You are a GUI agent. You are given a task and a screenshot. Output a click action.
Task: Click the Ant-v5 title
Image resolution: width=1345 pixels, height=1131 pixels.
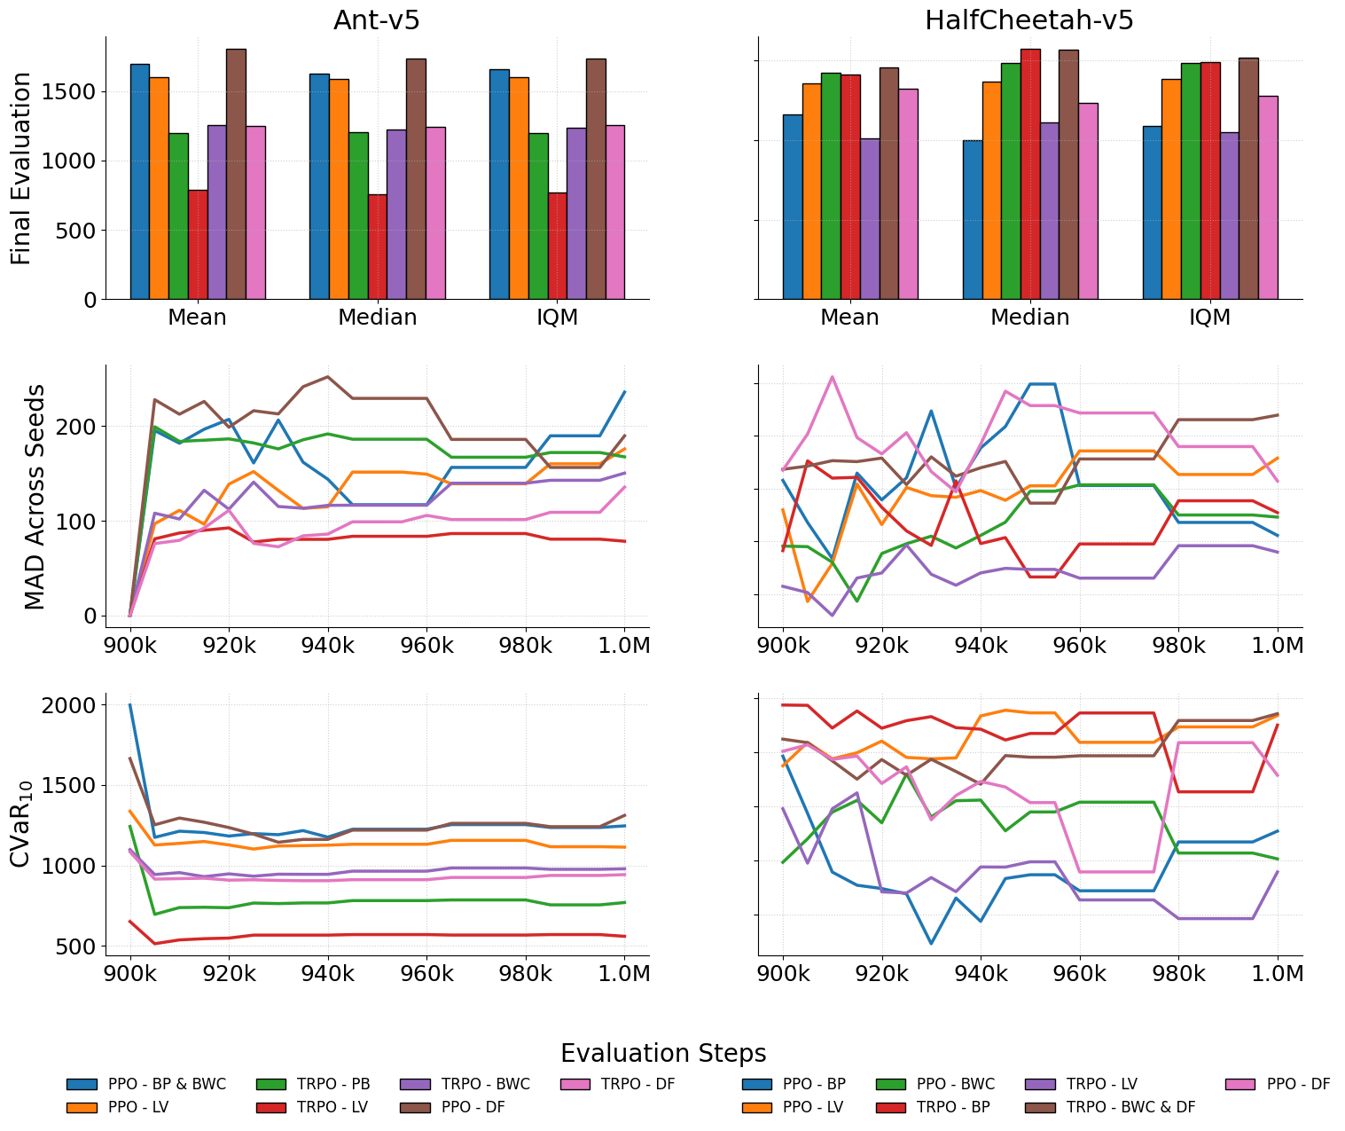pyautogui.click(x=376, y=20)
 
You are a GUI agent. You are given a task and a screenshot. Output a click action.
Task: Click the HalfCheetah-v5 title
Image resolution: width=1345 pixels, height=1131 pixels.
pyautogui.click(x=1028, y=20)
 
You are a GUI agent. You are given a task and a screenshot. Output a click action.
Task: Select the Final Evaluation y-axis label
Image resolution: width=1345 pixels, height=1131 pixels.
pyautogui.click(x=21, y=168)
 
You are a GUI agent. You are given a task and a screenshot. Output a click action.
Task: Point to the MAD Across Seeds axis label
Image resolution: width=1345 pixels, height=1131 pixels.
pyautogui.click(x=34, y=496)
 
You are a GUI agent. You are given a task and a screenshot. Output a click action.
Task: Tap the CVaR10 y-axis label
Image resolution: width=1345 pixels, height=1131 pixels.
pyautogui.click(x=21, y=823)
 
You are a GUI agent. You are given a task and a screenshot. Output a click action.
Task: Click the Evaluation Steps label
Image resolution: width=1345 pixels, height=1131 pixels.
pyautogui.click(x=663, y=1053)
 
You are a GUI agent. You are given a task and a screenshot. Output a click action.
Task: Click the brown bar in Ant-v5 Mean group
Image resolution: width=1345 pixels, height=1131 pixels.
pyautogui.click(x=236, y=174)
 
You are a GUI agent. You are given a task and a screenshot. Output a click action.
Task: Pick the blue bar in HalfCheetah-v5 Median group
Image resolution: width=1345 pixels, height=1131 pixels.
pyautogui.click(x=973, y=219)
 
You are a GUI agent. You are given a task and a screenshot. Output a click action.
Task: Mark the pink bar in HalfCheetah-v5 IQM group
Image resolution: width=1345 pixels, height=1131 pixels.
pyautogui.click(x=1268, y=197)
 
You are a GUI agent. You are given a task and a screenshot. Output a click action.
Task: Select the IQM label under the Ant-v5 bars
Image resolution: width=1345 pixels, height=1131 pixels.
pyautogui.click(x=557, y=318)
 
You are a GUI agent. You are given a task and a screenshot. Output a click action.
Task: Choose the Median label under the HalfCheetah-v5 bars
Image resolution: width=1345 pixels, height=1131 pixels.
pyautogui.click(x=1029, y=318)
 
